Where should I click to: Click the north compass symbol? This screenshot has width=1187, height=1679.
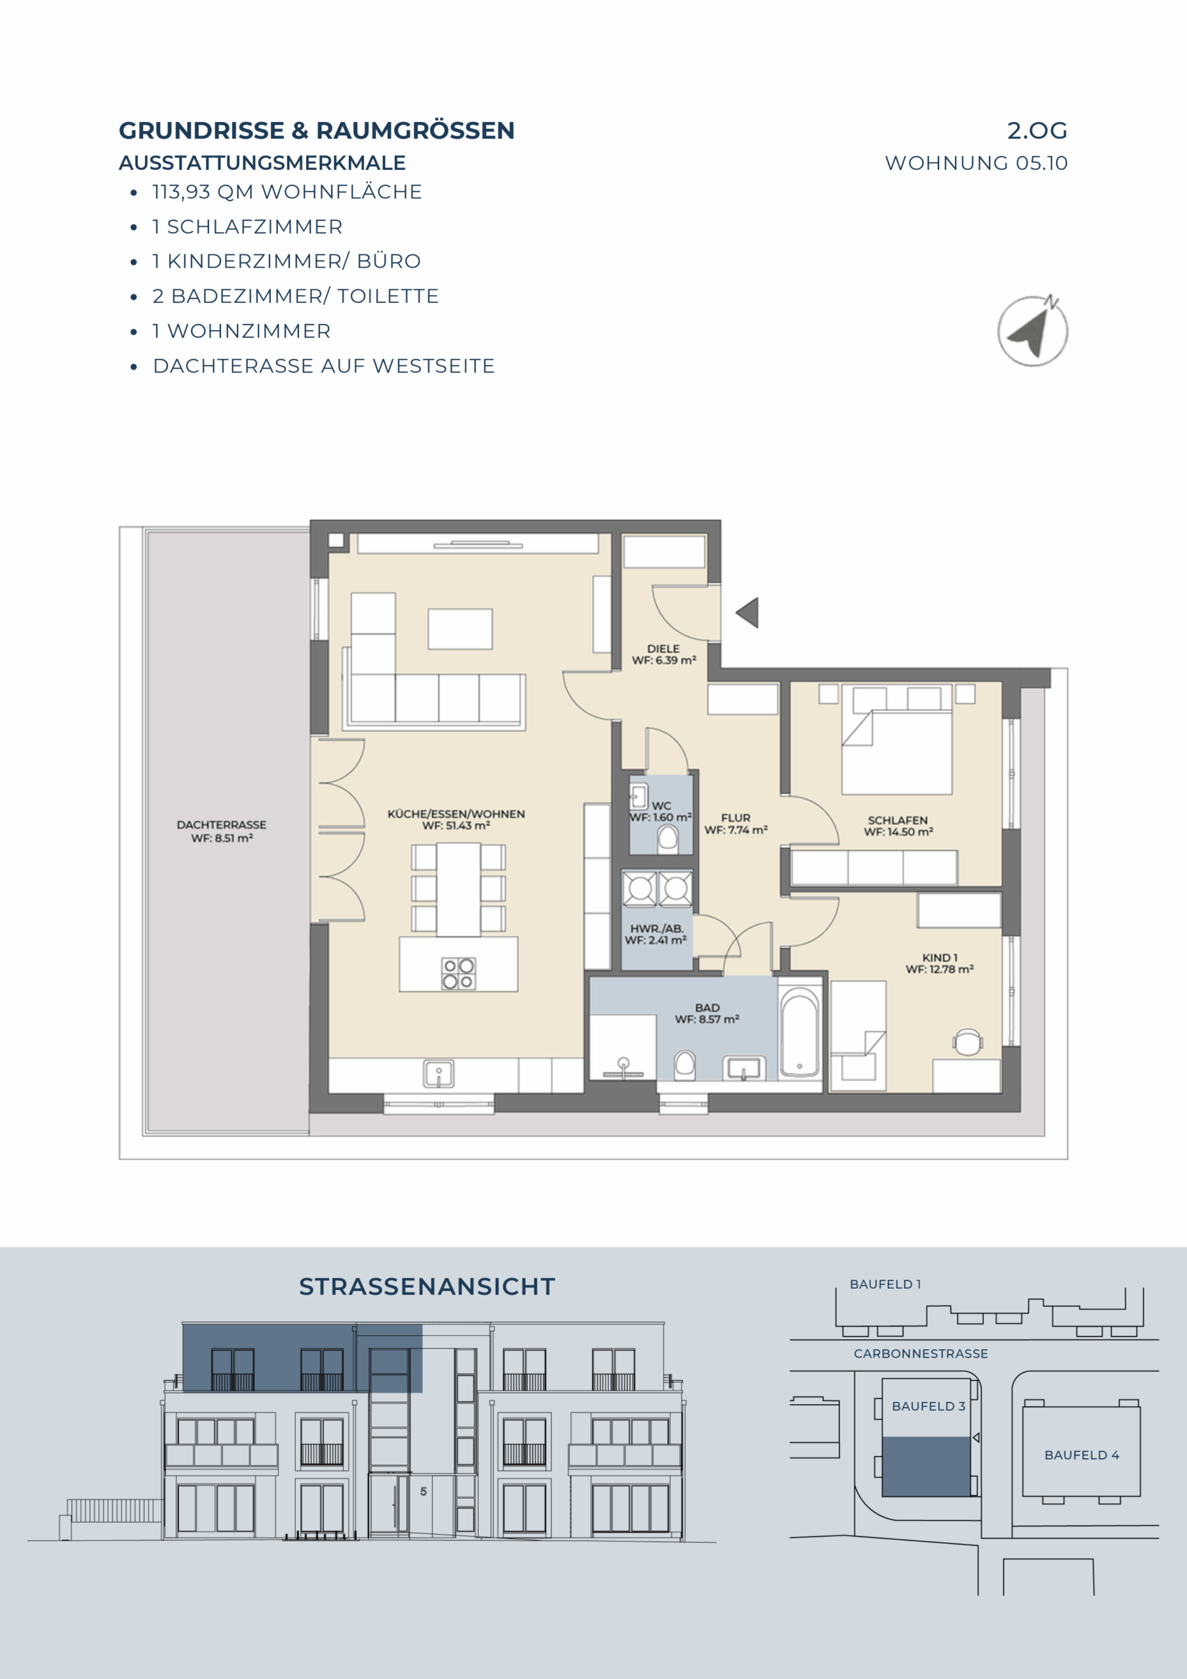point(1033,331)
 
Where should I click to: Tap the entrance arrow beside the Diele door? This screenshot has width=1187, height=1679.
point(748,613)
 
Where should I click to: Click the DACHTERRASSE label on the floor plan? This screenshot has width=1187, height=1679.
point(222,825)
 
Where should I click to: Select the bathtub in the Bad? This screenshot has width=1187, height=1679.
point(799,1032)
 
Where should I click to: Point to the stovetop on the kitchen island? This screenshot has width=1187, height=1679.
point(458,973)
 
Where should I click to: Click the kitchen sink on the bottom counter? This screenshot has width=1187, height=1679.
point(439,1074)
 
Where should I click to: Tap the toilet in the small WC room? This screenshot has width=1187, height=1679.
point(668,839)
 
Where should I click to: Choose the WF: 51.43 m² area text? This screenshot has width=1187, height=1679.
point(456,826)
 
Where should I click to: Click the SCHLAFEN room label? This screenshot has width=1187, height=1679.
point(898,820)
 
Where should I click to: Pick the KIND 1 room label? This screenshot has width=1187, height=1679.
point(940,958)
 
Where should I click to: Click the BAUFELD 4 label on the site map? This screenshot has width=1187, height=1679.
point(1081,1455)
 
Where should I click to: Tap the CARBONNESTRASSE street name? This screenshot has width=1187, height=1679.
point(921,1354)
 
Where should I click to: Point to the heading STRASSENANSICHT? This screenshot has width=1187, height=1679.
point(427,1286)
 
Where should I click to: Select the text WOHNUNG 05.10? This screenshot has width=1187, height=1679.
point(976,163)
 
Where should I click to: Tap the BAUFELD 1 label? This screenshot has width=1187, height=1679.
point(885,1284)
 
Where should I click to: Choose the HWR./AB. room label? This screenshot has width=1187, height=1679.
point(656,929)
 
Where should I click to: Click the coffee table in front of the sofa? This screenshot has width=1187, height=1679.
point(460,629)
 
